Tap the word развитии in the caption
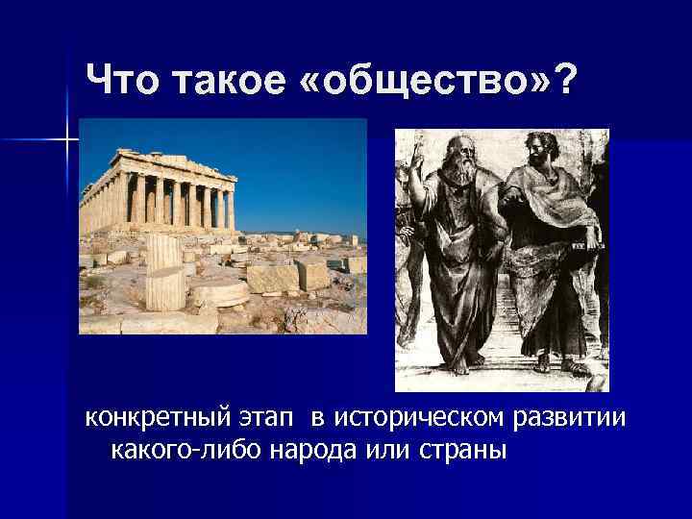point(571,420)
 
